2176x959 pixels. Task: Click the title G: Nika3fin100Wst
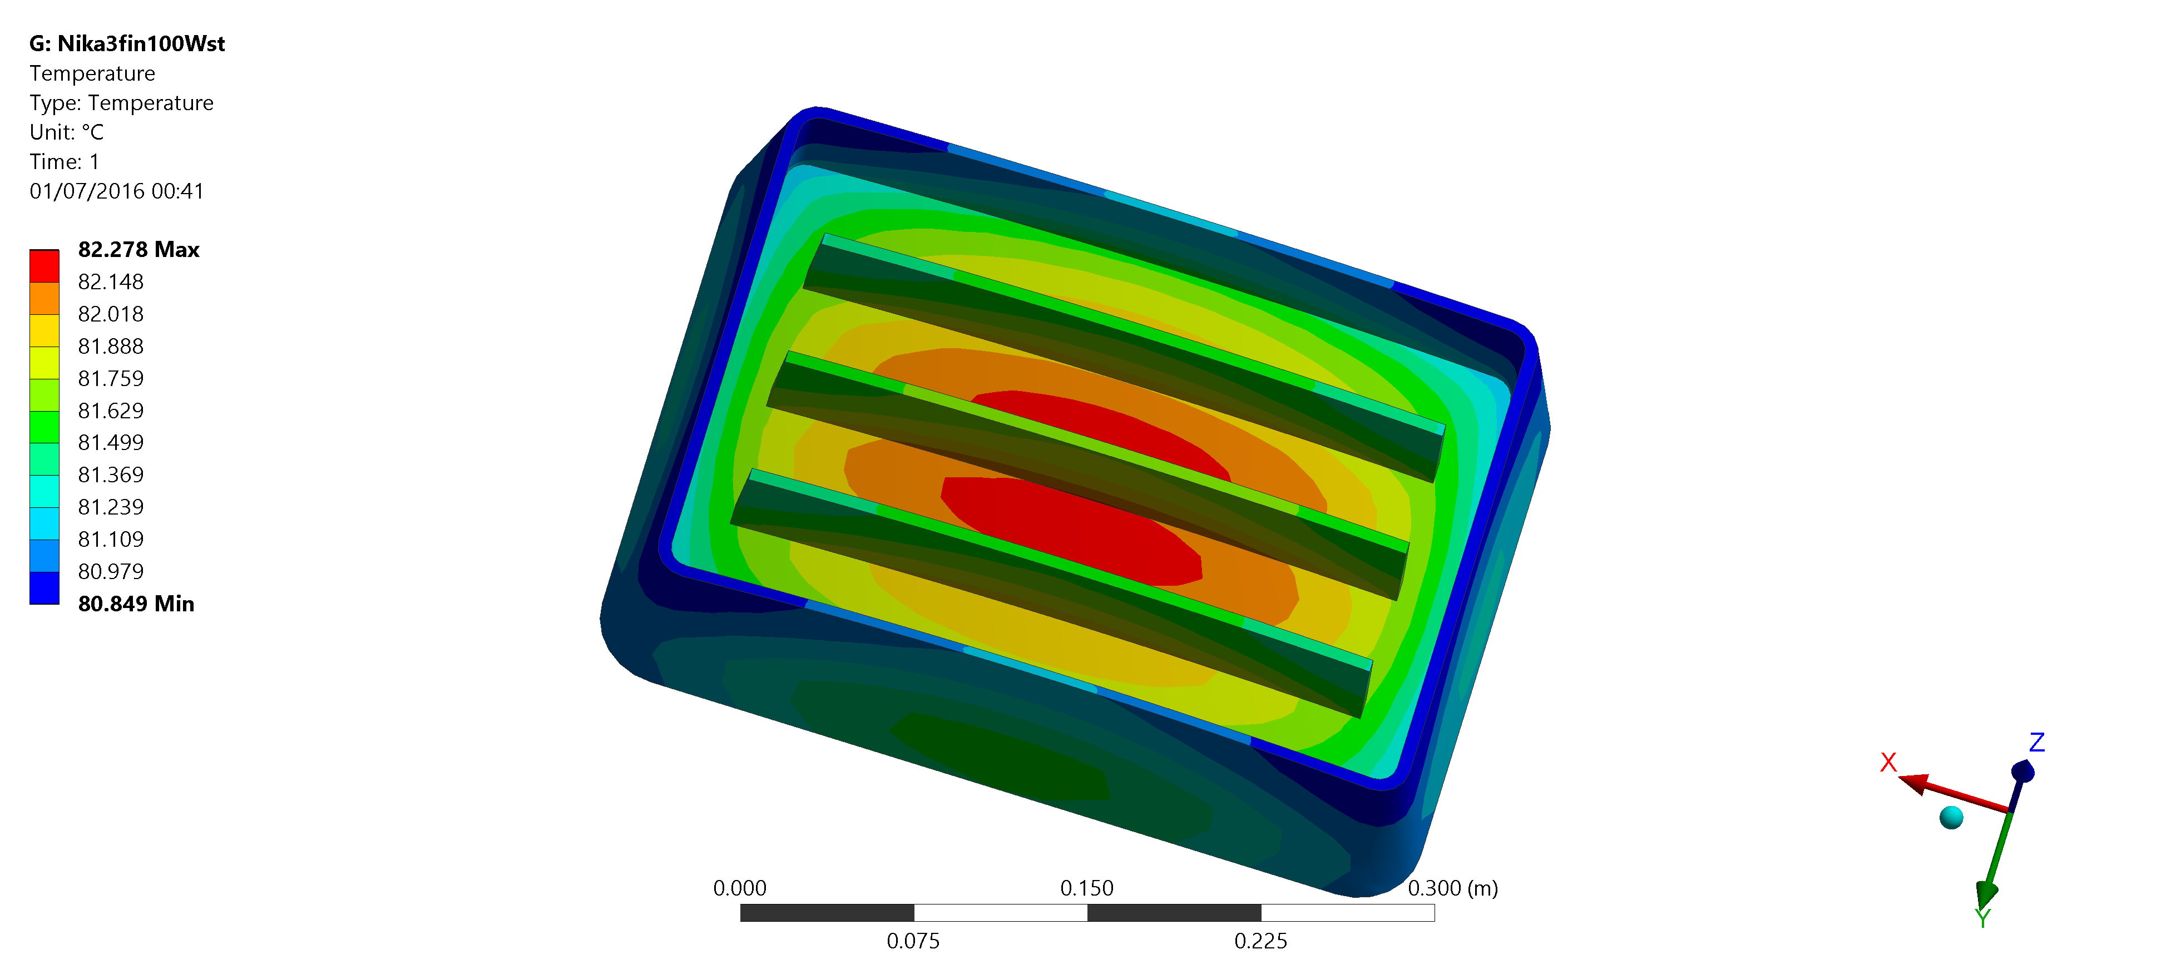coord(127,44)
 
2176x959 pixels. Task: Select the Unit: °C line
coord(67,132)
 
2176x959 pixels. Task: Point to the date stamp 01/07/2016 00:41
coord(117,192)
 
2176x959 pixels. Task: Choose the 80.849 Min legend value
coord(136,604)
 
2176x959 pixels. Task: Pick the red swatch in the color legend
coord(44,266)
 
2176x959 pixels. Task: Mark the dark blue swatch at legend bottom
coord(44,588)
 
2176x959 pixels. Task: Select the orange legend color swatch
coord(44,298)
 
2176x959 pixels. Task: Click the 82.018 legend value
coord(111,314)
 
